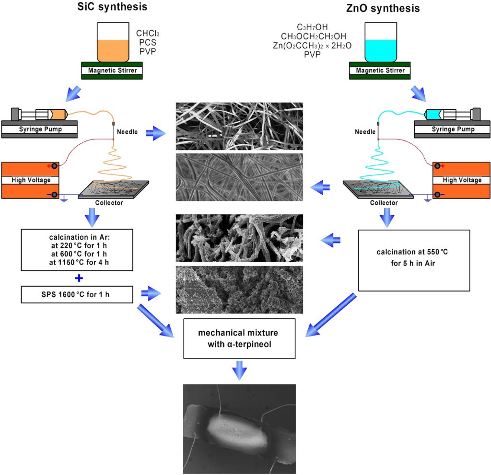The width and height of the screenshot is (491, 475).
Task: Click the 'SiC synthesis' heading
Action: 113,8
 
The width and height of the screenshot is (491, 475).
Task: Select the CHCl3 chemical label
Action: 149,34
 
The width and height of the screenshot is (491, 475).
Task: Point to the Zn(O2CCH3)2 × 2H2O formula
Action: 312,46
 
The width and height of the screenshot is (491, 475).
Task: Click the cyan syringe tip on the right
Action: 433,115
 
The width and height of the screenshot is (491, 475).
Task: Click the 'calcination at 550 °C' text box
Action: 414,260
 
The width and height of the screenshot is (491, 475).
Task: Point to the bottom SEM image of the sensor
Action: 240,429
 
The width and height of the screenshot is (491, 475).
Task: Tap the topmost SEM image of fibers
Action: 239,126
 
